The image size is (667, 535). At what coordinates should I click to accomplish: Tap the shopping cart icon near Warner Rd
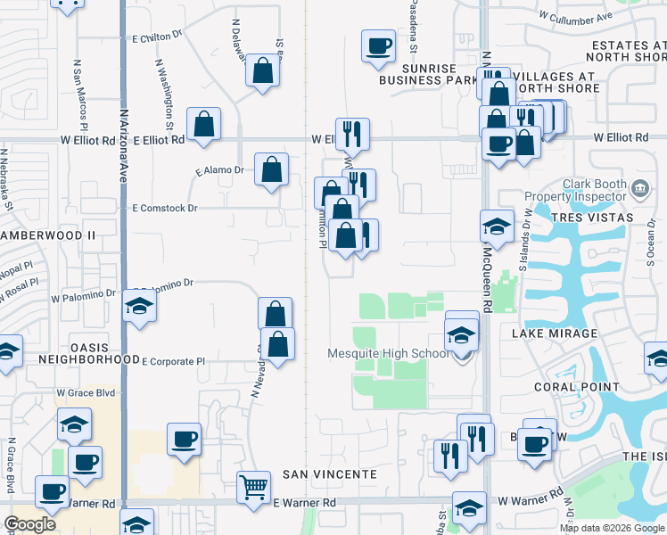point(254,487)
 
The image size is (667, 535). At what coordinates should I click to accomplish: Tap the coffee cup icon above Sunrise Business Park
point(378,45)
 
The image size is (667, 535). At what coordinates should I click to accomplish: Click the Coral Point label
point(576,387)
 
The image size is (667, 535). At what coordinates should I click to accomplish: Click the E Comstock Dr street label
point(164,208)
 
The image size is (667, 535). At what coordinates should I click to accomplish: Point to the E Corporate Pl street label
point(174,362)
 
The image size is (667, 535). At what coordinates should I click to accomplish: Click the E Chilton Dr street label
point(157,38)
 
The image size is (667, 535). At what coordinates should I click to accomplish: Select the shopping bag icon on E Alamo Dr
point(271,169)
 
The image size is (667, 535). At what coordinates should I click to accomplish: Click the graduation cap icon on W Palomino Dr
point(139,307)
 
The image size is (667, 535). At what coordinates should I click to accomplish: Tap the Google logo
point(30,524)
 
